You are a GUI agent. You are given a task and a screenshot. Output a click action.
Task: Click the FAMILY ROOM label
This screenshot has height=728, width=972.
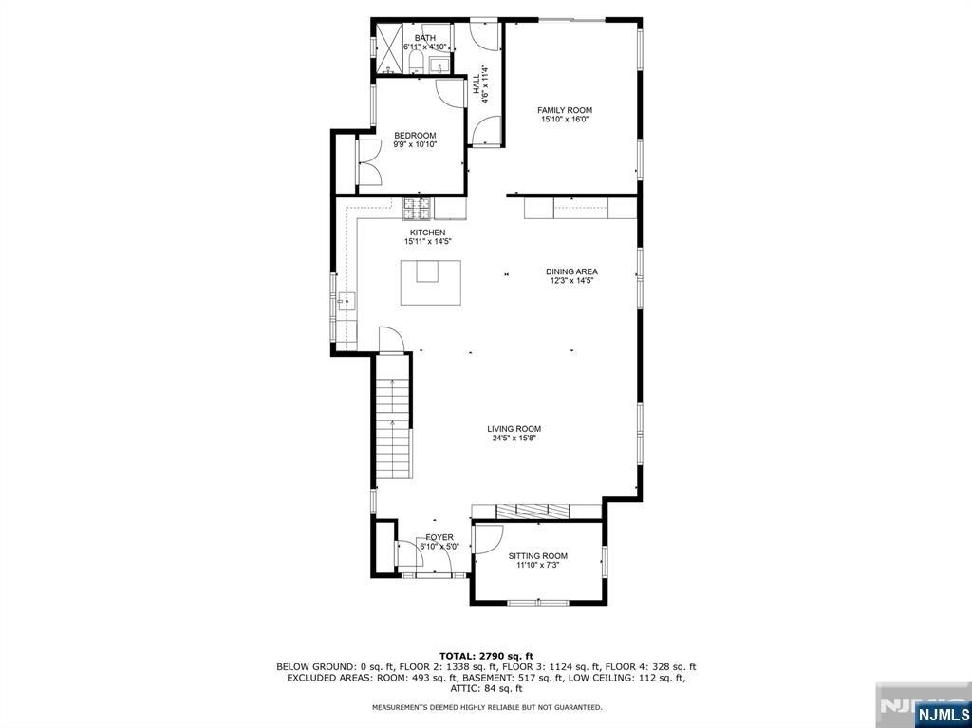(565, 110)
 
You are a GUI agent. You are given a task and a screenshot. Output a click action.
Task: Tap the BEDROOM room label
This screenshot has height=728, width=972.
(415, 136)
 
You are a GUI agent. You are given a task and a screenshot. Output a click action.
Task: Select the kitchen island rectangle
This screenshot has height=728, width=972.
(430, 282)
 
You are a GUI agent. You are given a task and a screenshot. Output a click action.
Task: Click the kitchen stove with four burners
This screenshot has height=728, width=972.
(417, 205)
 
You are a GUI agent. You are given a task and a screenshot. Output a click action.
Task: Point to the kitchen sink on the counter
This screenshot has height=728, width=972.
(346, 303)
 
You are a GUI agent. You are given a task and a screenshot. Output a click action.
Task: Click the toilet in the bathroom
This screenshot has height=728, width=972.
(417, 63)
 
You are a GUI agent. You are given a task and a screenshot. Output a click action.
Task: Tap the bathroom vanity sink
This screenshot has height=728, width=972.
(439, 65)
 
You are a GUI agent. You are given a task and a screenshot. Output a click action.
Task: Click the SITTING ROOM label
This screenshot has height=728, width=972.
(537, 556)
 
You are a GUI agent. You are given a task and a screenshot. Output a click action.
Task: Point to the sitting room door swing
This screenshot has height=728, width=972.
(490, 539)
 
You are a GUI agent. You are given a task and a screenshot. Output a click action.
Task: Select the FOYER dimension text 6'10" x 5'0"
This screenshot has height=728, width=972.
(439, 547)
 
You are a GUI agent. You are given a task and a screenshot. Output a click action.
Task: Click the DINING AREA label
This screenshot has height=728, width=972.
(571, 271)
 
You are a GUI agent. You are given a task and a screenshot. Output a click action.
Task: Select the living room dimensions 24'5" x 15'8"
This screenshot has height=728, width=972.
(516, 439)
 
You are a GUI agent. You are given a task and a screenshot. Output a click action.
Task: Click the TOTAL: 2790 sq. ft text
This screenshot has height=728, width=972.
(485, 656)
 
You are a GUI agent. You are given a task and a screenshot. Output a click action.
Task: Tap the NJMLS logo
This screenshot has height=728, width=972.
(943, 713)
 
